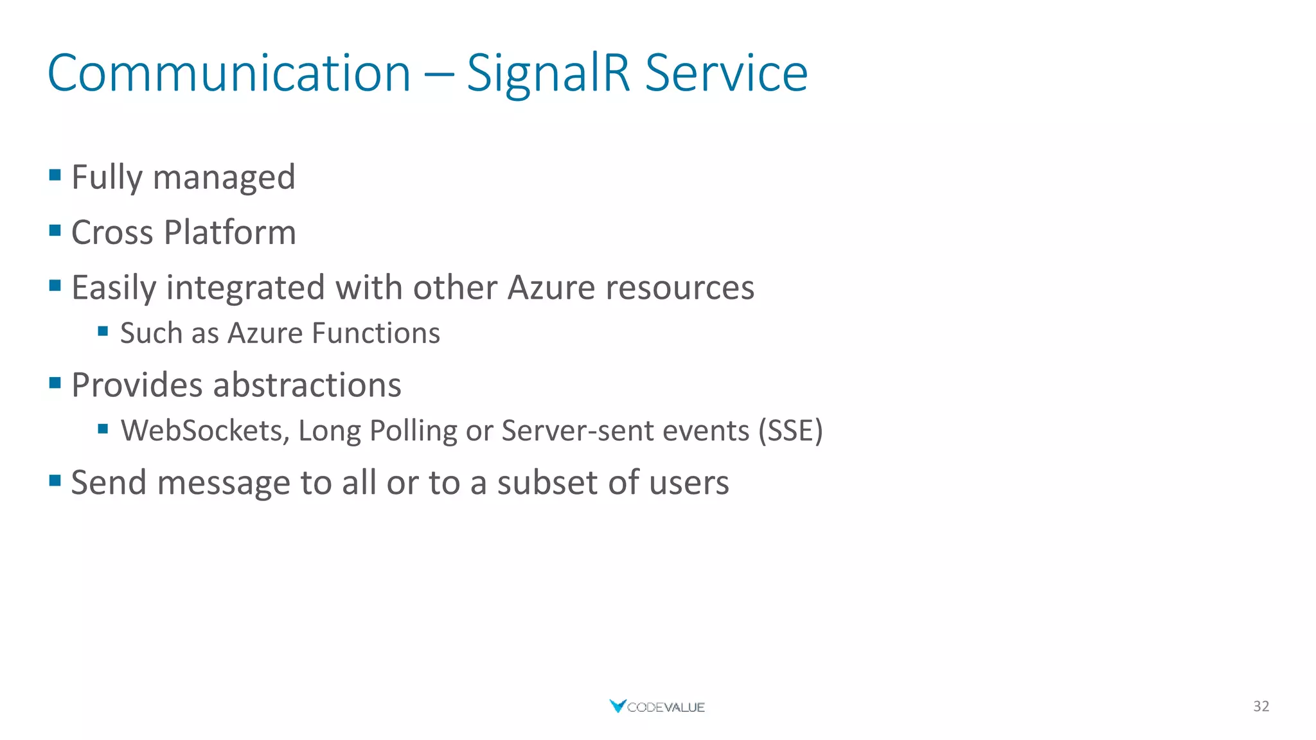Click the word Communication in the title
tap(229, 73)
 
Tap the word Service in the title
tap(726, 73)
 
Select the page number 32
tap(1261, 707)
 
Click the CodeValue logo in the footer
tap(657, 707)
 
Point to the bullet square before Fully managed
tap(55, 175)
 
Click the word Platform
tap(229, 233)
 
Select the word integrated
tap(245, 288)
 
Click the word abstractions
tap(307, 385)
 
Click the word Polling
tap(413, 431)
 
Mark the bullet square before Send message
tap(55, 480)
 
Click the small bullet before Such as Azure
tap(103, 331)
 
